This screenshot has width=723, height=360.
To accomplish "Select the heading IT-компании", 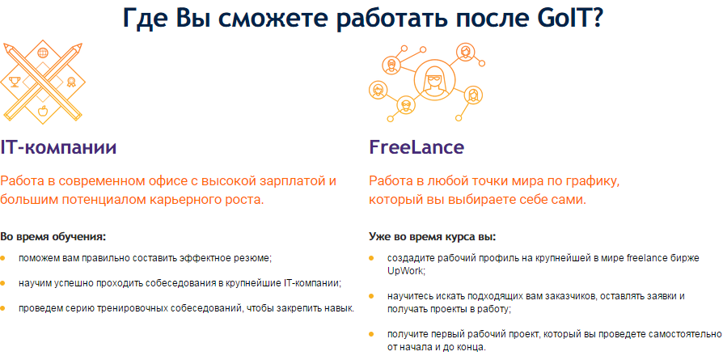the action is point(58,147).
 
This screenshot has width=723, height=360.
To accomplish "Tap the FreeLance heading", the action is point(416,147).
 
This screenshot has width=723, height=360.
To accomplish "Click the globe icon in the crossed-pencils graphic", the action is point(43,53).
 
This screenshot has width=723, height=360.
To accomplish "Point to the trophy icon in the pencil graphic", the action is point(15,83).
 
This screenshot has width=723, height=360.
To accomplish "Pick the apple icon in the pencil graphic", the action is point(43,111).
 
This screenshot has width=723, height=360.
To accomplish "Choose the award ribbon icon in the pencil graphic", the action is point(71,83).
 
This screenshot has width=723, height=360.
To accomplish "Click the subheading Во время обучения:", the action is point(53,237).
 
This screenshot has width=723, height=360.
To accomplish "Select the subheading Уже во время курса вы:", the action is point(432,237).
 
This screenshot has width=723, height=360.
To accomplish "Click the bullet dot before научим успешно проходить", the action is point(2,282).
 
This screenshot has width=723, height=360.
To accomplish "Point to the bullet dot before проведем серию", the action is point(2,307).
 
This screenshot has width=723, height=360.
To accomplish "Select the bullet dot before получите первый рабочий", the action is point(371,332).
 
